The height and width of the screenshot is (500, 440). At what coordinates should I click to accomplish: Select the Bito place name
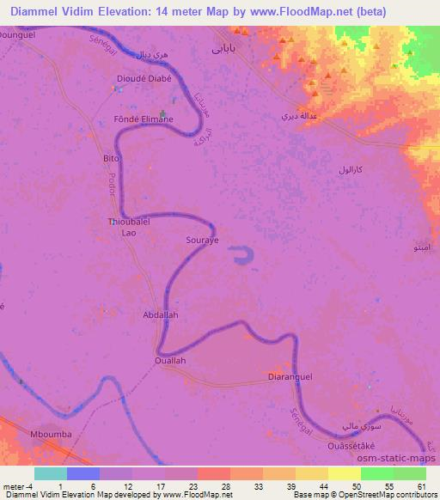(109, 159)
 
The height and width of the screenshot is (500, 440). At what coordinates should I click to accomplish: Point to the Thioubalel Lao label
(129, 227)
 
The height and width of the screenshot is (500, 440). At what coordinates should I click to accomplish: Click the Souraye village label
(205, 240)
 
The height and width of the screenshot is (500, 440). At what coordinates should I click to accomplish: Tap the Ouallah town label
(169, 361)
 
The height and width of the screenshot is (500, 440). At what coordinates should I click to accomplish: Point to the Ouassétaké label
(354, 446)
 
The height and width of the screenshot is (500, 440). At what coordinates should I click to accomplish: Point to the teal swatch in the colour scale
(51, 473)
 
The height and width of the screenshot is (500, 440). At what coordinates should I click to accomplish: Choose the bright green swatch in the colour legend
(377, 473)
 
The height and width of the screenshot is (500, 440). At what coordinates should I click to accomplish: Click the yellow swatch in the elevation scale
(345, 473)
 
